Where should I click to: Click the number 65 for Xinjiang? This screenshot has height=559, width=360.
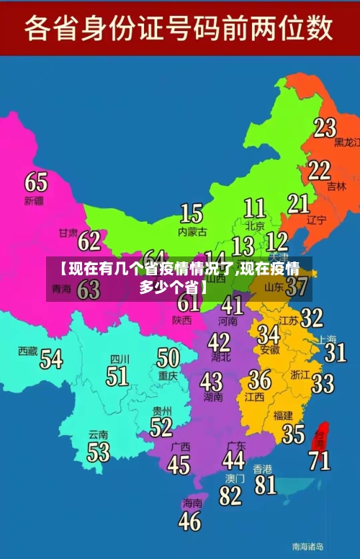click(x=36, y=182)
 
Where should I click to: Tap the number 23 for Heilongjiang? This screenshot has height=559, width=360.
click(x=325, y=128)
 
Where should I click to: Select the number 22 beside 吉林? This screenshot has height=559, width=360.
click(x=319, y=170)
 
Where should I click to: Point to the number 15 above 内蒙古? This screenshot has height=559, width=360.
click(x=191, y=213)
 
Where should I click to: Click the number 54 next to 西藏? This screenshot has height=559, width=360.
click(x=51, y=358)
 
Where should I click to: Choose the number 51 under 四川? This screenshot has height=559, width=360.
click(x=117, y=376)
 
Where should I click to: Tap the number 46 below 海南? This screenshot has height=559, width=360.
click(x=189, y=521)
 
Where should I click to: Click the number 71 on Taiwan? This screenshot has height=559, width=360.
click(x=320, y=460)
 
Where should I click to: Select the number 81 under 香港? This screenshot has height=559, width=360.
click(x=265, y=485)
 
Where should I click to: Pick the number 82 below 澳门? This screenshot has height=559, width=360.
click(x=230, y=496)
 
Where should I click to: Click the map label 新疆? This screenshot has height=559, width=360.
click(x=34, y=200)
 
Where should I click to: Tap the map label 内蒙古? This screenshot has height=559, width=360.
click(x=192, y=232)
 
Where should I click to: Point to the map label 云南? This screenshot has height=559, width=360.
click(x=98, y=434)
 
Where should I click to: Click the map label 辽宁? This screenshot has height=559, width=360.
click(x=317, y=220)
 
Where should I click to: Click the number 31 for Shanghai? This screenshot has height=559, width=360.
click(x=335, y=352)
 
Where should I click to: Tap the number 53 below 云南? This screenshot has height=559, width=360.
click(x=99, y=452)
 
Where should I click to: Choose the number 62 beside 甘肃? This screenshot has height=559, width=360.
click(x=89, y=240)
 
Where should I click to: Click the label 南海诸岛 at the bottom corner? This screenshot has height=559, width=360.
click(x=307, y=546)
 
